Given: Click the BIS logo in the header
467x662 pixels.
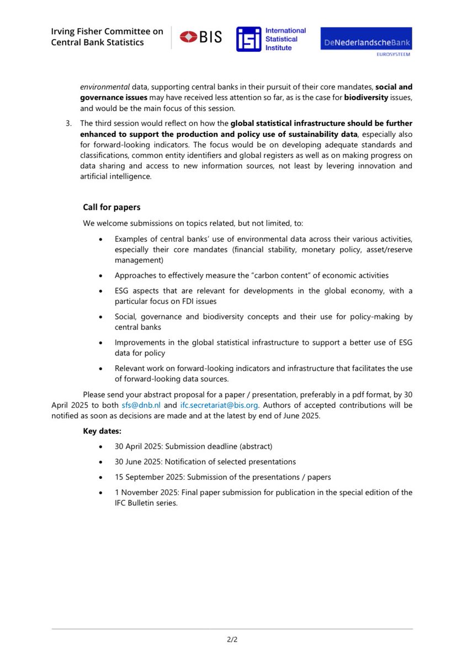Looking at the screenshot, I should click(201, 38).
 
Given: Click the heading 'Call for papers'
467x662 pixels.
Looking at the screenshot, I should click(112, 207).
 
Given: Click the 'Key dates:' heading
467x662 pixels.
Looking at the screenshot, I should click(102, 431).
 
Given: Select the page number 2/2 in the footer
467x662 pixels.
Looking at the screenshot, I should click(232, 640).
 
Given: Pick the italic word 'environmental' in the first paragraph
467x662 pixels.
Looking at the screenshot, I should click(103, 87).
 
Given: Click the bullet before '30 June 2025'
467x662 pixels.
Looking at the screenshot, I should click(100, 462).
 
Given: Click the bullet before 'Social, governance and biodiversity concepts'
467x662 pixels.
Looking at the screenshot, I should click(100, 317).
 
